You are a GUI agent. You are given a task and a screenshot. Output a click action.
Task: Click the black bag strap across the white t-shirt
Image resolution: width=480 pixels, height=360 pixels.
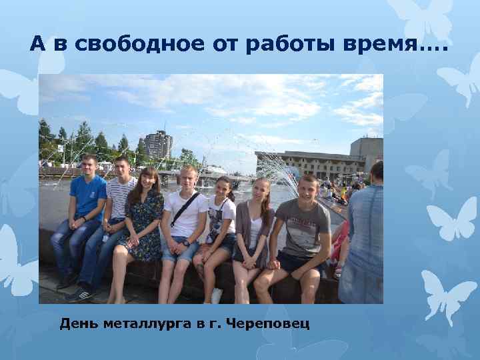[184, 209]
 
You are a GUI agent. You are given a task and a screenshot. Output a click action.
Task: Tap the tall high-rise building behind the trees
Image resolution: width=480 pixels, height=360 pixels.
[159, 143]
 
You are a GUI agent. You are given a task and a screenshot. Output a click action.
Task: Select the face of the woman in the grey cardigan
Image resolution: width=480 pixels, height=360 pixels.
[260, 191]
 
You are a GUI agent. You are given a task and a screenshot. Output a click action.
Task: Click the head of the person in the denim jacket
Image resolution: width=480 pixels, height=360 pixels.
[377, 172]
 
